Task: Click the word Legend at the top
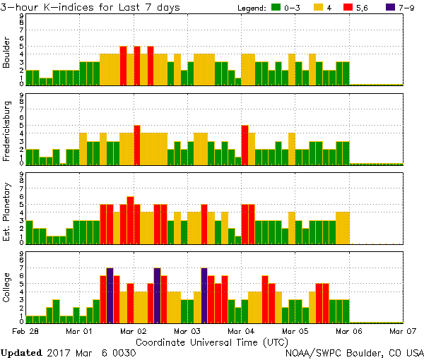(249, 8)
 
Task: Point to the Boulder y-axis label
(7, 52)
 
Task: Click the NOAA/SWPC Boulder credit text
(353, 352)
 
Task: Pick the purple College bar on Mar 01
(110, 295)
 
